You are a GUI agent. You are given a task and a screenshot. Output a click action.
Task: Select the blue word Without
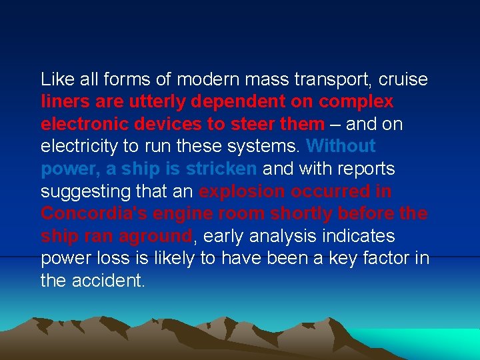tap(341, 146)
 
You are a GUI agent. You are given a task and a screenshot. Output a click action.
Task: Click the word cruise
tap(403, 79)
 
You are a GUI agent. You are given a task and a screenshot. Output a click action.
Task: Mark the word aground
tap(157, 236)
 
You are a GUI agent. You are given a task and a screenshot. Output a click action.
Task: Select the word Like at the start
tap(55, 79)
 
